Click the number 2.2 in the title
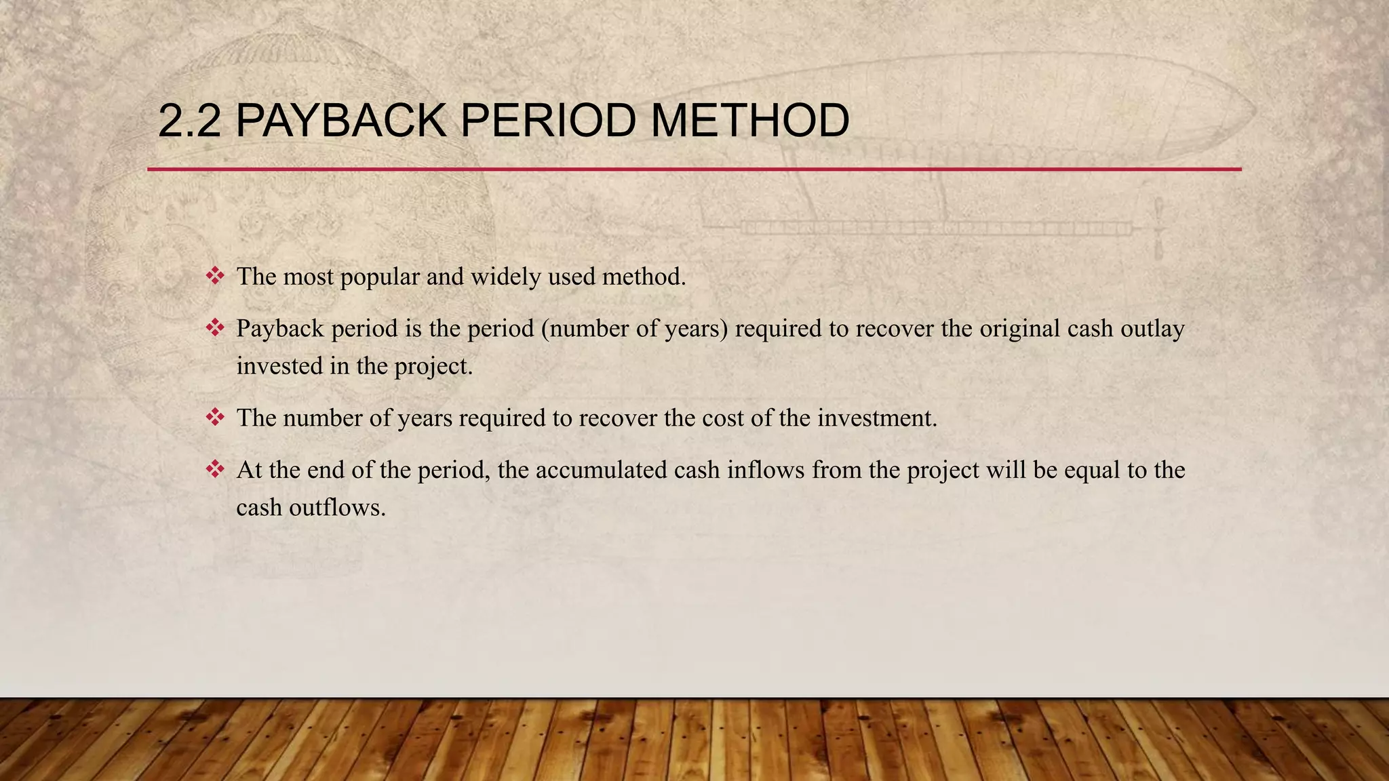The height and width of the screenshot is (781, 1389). coord(189,121)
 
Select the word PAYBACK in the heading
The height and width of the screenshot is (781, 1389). coord(340,121)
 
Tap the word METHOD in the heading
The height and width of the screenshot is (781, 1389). coord(749,121)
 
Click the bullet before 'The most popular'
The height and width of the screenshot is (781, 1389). coord(215,276)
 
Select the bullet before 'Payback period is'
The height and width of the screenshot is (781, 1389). coord(215,328)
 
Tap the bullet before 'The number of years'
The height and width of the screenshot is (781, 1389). coord(215,418)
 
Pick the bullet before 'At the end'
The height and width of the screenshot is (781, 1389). coord(215,469)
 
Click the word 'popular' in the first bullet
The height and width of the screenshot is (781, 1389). coord(379,277)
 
